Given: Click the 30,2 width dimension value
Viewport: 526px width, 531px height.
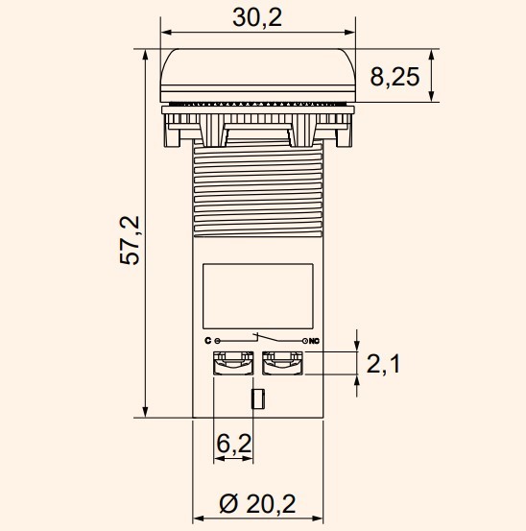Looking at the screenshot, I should pos(257,17).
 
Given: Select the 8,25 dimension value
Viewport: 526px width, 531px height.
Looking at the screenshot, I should pos(394,76).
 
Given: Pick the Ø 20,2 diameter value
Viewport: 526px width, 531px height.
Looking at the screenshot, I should pos(256,501).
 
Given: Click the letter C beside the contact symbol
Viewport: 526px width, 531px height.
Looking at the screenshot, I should pos(207,341).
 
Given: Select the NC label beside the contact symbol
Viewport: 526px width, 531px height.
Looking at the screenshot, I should pos(313,341).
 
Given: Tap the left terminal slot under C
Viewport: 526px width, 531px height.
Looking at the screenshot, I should pos(232,363).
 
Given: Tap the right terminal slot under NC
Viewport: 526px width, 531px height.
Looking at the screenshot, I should pos(282,363).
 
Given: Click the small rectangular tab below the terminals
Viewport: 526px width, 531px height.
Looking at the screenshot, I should pos(256,399).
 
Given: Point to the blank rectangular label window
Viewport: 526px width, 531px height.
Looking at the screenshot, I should pos(257,293).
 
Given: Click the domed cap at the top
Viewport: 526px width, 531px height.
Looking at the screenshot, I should pos(257,72).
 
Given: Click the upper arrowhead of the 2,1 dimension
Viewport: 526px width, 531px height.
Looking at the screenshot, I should pos(358,346).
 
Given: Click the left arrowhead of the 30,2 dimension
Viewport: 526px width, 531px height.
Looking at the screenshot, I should pos(165,38).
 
